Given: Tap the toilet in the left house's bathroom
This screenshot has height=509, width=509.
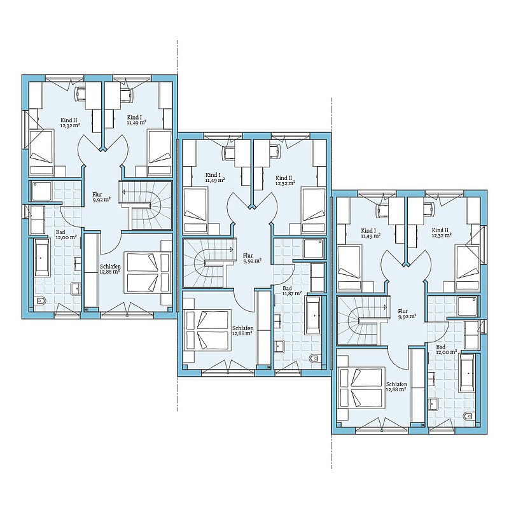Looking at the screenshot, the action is pos(41,301).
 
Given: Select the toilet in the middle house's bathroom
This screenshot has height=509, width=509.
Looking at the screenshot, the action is pos(314,359).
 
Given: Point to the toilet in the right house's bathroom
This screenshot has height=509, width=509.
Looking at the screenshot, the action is pos(468,417).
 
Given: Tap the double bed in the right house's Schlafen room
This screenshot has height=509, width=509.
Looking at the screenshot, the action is pos(361,387).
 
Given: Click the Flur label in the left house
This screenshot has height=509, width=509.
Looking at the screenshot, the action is pos(97,195).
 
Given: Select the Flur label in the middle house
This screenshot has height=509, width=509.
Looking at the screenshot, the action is pos(248,256).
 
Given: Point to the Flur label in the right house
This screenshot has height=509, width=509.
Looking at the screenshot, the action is pos(403,311).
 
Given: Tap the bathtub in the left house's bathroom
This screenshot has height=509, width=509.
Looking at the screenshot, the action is pos(41,258).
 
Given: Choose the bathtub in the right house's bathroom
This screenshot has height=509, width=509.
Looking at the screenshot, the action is pos(467,373).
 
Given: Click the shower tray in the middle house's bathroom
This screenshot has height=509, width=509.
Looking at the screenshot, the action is pos(314,249).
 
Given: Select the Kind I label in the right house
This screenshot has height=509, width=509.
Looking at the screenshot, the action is pos(368,231).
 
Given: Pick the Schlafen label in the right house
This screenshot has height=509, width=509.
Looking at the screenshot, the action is pos(396,384).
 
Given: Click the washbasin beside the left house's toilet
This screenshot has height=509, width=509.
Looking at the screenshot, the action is pos(76,289).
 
